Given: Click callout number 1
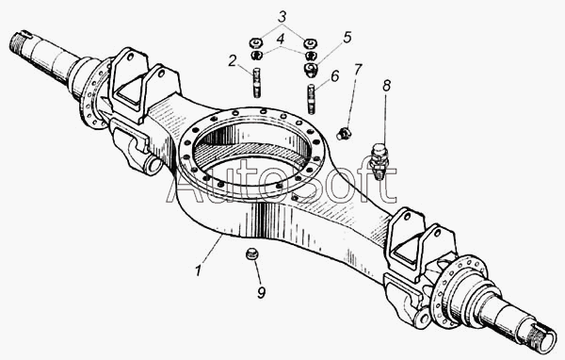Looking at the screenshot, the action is (x=198, y=270).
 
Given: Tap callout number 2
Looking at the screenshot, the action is (x=233, y=60).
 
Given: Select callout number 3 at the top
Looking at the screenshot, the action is (x=282, y=17).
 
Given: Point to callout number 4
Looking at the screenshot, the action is (x=281, y=39).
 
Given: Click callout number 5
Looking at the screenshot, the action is (x=347, y=37).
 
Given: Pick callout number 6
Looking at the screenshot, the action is (x=334, y=76).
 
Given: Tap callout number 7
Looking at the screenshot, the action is (x=358, y=69).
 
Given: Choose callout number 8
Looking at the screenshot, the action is (x=386, y=86).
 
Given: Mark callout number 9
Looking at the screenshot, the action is (x=261, y=292).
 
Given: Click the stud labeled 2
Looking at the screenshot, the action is (x=256, y=83).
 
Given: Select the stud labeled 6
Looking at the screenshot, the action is (x=312, y=99).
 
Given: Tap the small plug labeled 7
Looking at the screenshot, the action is (x=344, y=133).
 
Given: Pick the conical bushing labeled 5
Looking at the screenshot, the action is (x=311, y=70).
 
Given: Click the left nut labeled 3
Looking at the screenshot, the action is (x=256, y=42).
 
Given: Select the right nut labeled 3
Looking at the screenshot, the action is (x=310, y=43).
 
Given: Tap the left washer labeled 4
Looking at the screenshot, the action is (x=256, y=56).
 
